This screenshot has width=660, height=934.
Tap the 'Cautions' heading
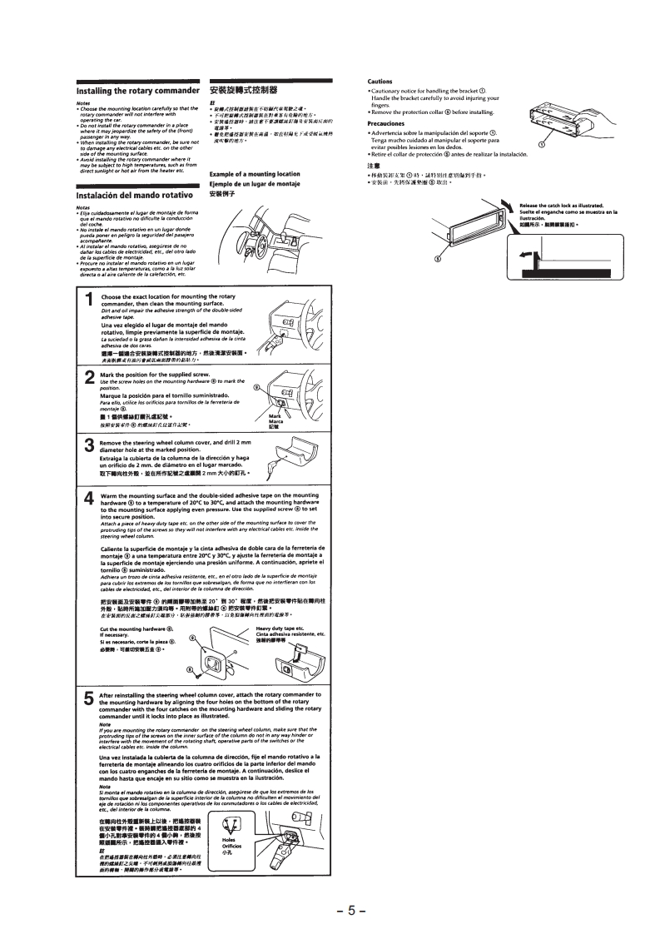(380, 81)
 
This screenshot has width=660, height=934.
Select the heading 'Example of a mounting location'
(254, 174)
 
